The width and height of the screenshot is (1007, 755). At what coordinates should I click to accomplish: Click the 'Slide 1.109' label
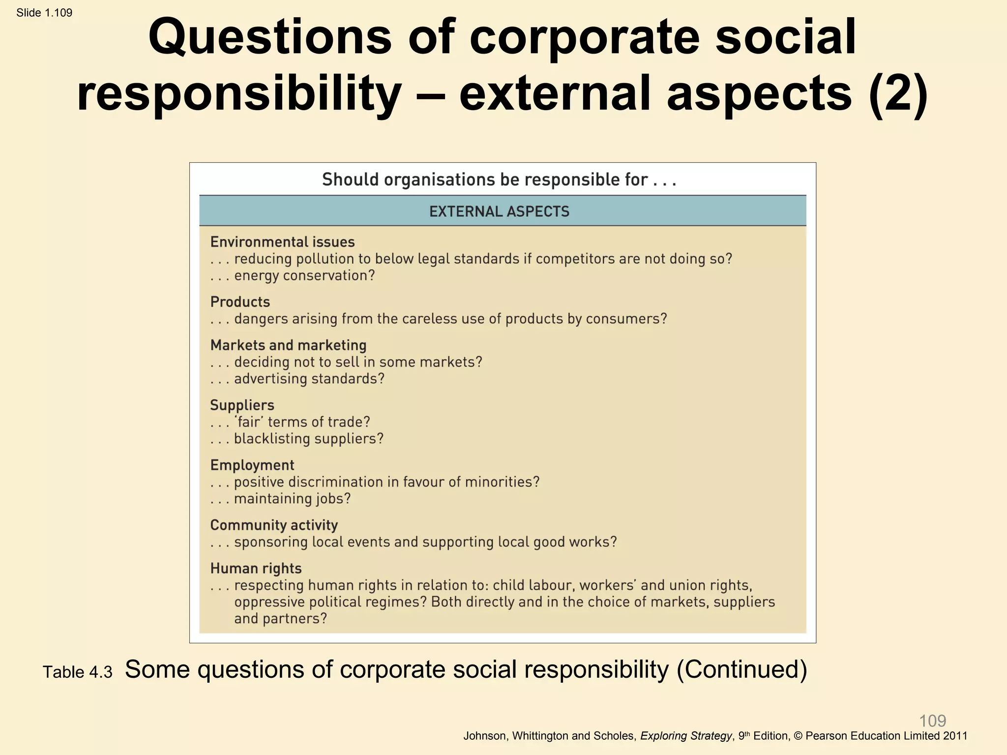44,13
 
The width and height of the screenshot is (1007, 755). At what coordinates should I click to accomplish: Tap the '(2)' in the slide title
898,93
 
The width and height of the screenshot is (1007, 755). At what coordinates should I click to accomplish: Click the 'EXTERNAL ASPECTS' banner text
499,211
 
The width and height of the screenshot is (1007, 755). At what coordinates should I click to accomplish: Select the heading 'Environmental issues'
282,242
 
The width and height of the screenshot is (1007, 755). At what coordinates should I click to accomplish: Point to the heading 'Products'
240,302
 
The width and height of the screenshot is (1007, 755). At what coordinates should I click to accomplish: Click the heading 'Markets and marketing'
288,345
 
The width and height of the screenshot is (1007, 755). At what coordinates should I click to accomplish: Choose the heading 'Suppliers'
242,405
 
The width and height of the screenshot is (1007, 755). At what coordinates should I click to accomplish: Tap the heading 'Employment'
252,465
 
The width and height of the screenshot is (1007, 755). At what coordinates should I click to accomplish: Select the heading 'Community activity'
274,525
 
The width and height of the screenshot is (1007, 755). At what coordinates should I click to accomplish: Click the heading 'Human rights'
256,568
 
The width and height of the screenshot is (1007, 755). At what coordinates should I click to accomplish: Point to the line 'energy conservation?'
304,276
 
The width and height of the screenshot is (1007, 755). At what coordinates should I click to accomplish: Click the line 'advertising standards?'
309,379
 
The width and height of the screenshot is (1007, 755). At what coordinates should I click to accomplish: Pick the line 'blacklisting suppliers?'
308,439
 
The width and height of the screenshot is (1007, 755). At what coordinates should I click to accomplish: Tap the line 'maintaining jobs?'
292,499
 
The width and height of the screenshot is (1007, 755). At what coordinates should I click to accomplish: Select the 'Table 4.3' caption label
78,672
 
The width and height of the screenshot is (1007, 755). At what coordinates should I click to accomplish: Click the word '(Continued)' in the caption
742,669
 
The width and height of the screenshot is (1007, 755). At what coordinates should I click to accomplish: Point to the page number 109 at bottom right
932,721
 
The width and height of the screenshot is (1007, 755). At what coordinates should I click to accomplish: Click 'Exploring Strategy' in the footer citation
686,736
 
